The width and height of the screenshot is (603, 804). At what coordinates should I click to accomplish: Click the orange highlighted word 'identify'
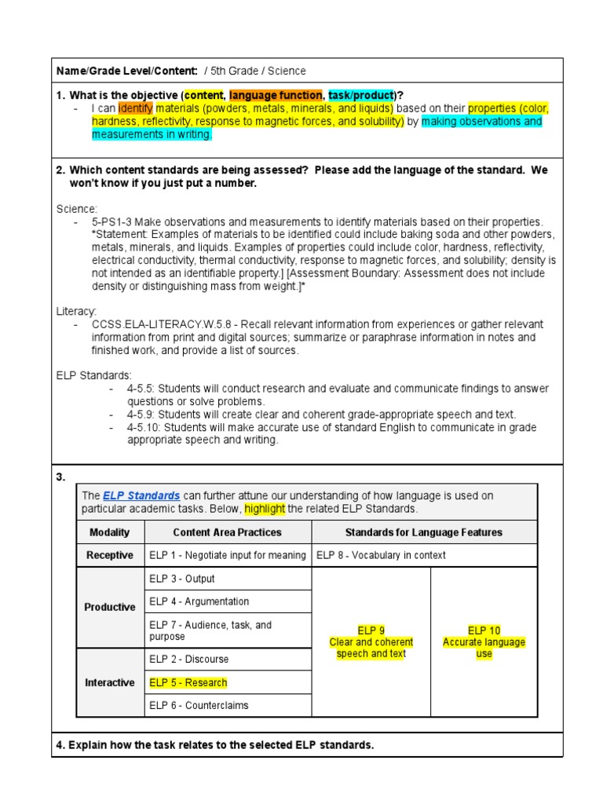pyautogui.click(x=135, y=108)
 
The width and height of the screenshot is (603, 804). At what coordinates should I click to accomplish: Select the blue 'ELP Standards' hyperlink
pyautogui.click(x=141, y=495)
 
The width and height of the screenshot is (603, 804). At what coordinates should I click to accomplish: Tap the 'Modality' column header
pyautogui.click(x=110, y=532)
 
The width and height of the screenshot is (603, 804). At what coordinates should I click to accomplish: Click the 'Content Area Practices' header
pyautogui.click(x=227, y=532)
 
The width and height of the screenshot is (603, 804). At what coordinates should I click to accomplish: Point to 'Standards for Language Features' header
pyautogui.click(x=424, y=532)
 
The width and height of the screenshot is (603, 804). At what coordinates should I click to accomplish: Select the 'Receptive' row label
pyautogui.click(x=110, y=555)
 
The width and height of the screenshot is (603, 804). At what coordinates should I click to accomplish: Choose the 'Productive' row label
pyautogui.click(x=110, y=607)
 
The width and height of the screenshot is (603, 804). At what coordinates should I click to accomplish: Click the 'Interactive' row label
pyautogui.click(x=110, y=682)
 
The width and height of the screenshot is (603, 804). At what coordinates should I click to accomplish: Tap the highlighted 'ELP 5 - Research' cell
pyautogui.click(x=188, y=682)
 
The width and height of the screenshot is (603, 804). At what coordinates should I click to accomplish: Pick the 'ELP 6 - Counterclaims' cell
pyautogui.click(x=199, y=705)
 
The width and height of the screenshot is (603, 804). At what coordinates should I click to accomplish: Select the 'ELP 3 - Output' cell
pyautogui.click(x=182, y=579)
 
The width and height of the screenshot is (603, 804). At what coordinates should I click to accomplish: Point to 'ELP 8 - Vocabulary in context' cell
pyautogui.click(x=381, y=555)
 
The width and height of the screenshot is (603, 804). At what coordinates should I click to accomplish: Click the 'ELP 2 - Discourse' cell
pyautogui.click(x=189, y=659)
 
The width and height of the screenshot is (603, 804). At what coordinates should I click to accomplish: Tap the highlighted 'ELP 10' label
pyautogui.click(x=484, y=630)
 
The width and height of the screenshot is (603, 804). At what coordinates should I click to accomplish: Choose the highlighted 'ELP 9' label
pyautogui.click(x=371, y=630)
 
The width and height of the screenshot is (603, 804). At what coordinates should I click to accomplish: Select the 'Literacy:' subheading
pyautogui.click(x=76, y=312)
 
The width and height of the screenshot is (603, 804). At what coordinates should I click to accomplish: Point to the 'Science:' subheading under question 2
pyautogui.click(x=77, y=209)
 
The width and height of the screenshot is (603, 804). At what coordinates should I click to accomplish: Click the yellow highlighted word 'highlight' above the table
pyautogui.click(x=265, y=509)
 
